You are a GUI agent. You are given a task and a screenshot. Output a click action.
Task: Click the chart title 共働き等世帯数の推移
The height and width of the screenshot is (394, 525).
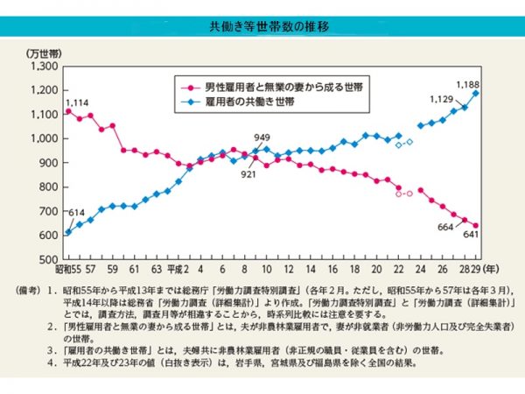(262, 27)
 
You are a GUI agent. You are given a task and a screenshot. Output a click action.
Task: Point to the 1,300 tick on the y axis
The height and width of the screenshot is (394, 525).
(41, 67)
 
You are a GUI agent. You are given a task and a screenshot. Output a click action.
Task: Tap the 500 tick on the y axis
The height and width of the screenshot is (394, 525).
(47, 260)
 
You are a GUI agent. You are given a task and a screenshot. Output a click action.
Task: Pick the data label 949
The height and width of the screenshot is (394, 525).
(262, 137)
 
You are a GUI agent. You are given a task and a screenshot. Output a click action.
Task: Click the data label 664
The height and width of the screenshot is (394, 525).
(444, 228)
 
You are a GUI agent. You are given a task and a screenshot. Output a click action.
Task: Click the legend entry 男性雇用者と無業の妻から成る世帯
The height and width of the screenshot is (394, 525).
(268, 86)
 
